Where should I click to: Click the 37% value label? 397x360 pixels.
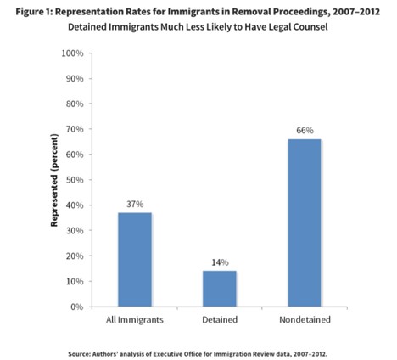coord(134,204)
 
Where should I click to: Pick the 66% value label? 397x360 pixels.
coord(305,131)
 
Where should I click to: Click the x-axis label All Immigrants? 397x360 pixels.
coord(134,321)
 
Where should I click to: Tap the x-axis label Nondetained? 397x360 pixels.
coord(305,321)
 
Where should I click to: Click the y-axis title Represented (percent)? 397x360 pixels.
coord(54,179)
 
